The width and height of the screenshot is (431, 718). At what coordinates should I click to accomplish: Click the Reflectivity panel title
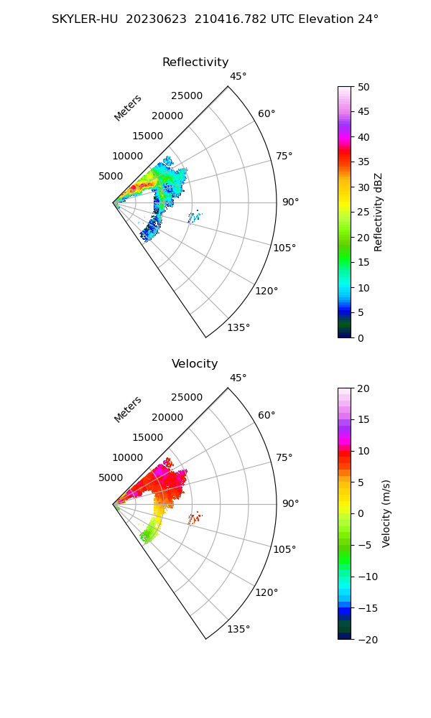pos(195,62)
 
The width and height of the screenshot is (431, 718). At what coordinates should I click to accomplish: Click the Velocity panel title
pos(195,364)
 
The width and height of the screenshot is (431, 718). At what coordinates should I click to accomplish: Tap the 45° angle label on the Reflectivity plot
pos(238,77)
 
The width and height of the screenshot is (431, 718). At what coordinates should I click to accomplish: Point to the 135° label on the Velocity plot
pos(238,630)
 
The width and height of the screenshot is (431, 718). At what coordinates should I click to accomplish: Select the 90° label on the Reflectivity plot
pos(289,202)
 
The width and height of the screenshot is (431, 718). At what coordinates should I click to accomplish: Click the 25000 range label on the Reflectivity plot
pos(187,96)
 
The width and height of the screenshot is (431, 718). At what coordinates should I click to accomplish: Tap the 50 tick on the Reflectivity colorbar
pos(363,87)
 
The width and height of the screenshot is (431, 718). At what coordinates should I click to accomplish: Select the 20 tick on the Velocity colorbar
pos(363,388)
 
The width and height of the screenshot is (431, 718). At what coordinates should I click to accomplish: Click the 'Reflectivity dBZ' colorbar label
pos(379,213)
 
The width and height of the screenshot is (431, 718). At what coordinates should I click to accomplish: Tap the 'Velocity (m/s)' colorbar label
pos(386,513)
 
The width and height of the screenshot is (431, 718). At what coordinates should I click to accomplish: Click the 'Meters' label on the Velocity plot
pos(128,409)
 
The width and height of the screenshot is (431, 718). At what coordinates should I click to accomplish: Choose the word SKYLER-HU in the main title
pos(85,19)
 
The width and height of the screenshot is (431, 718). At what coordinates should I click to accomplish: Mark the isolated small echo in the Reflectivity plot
pos(195,215)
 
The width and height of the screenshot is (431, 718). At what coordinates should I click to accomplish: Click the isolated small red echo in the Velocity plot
pos(195,517)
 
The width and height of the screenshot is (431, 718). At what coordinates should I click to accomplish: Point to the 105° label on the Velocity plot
pos(284,549)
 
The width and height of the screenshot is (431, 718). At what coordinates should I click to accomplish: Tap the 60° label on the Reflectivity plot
pos(267,113)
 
